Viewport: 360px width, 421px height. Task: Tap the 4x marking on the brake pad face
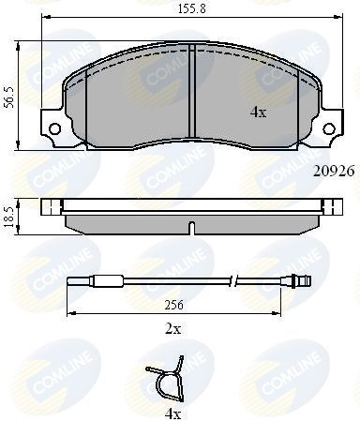259,112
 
